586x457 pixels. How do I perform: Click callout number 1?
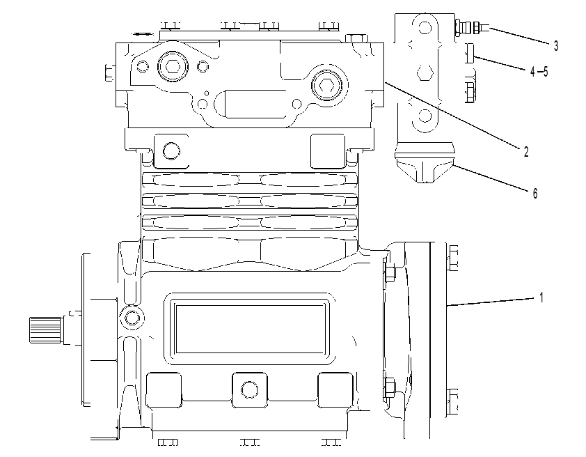(541, 297)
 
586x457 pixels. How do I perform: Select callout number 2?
(526, 152)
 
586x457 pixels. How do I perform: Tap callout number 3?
(556, 46)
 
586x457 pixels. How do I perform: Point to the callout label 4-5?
(539, 72)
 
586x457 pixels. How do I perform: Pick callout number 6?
(534, 194)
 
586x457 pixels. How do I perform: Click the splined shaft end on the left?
(45, 329)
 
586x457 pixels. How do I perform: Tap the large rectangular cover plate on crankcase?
(249, 329)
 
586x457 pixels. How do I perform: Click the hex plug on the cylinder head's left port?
(173, 66)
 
